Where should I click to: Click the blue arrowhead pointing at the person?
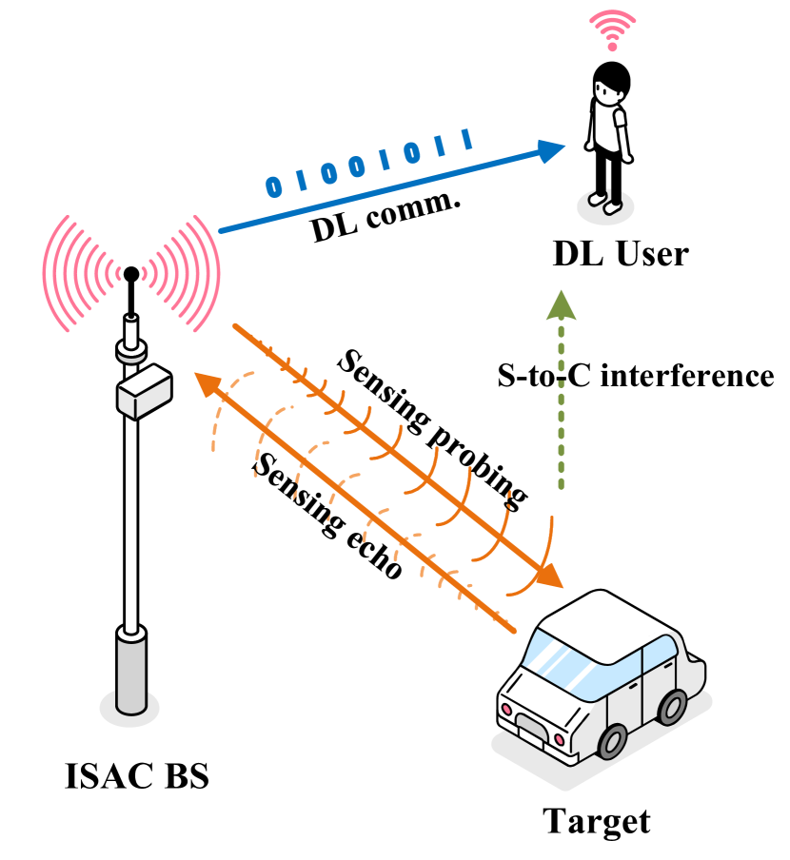pyautogui.click(x=551, y=150)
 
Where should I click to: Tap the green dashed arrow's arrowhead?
pyautogui.click(x=561, y=305)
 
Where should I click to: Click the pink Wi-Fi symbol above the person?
pyautogui.click(x=612, y=29)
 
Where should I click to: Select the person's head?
pyautogui.click(x=607, y=92)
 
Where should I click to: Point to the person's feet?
pyautogui.click(x=604, y=201)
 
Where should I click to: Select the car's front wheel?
pyautogui.click(x=612, y=741)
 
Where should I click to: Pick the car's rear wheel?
pyautogui.click(x=672, y=707)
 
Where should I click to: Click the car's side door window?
pyautogui.click(x=658, y=655)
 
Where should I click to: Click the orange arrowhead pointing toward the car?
pyautogui.click(x=549, y=577)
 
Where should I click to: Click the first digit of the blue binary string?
pyautogui.click(x=274, y=186)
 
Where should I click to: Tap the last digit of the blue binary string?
pyautogui.click(x=467, y=140)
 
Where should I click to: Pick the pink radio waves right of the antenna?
pyautogui.click(x=186, y=273)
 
